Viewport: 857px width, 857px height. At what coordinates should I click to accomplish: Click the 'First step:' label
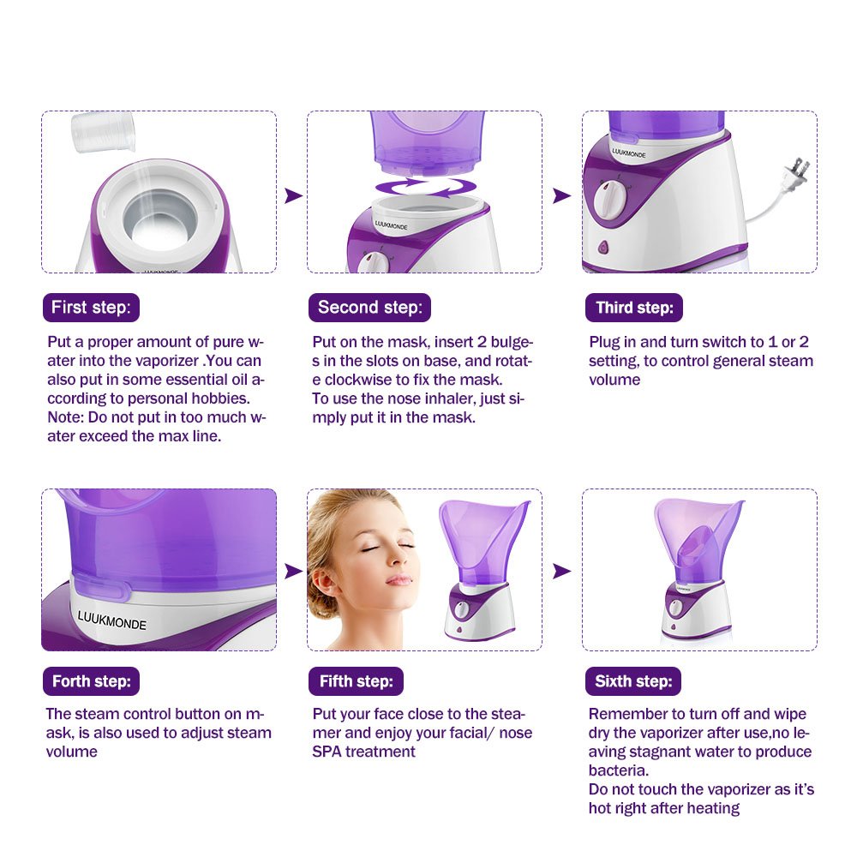(x=91, y=307)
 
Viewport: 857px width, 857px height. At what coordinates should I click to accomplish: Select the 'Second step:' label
(x=369, y=307)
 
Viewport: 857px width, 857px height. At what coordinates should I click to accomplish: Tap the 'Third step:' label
(x=634, y=308)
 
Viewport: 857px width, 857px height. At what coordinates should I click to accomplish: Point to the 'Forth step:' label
(x=91, y=681)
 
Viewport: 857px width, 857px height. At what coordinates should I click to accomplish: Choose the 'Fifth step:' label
(x=356, y=681)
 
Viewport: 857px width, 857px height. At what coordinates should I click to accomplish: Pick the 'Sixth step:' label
(x=633, y=681)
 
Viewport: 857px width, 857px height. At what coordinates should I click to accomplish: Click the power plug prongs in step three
(x=799, y=167)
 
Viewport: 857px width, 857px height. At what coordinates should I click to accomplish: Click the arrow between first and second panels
(x=293, y=196)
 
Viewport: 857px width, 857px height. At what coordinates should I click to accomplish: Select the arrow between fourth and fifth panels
(x=293, y=571)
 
